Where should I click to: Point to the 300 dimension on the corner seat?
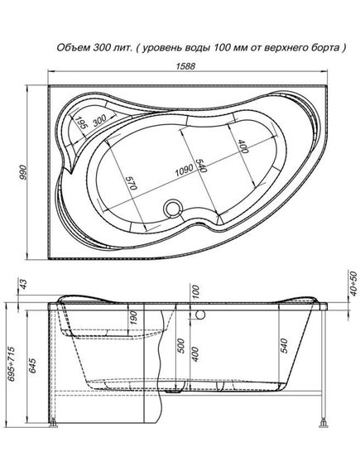pyautogui.click(x=100, y=121)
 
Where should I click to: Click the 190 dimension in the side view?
pyautogui.click(x=132, y=318)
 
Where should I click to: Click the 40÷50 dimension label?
pyautogui.click(x=353, y=286)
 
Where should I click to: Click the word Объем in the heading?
pyautogui.click(x=72, y=48)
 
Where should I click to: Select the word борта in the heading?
pyautogui.click(x=324, y=48)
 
